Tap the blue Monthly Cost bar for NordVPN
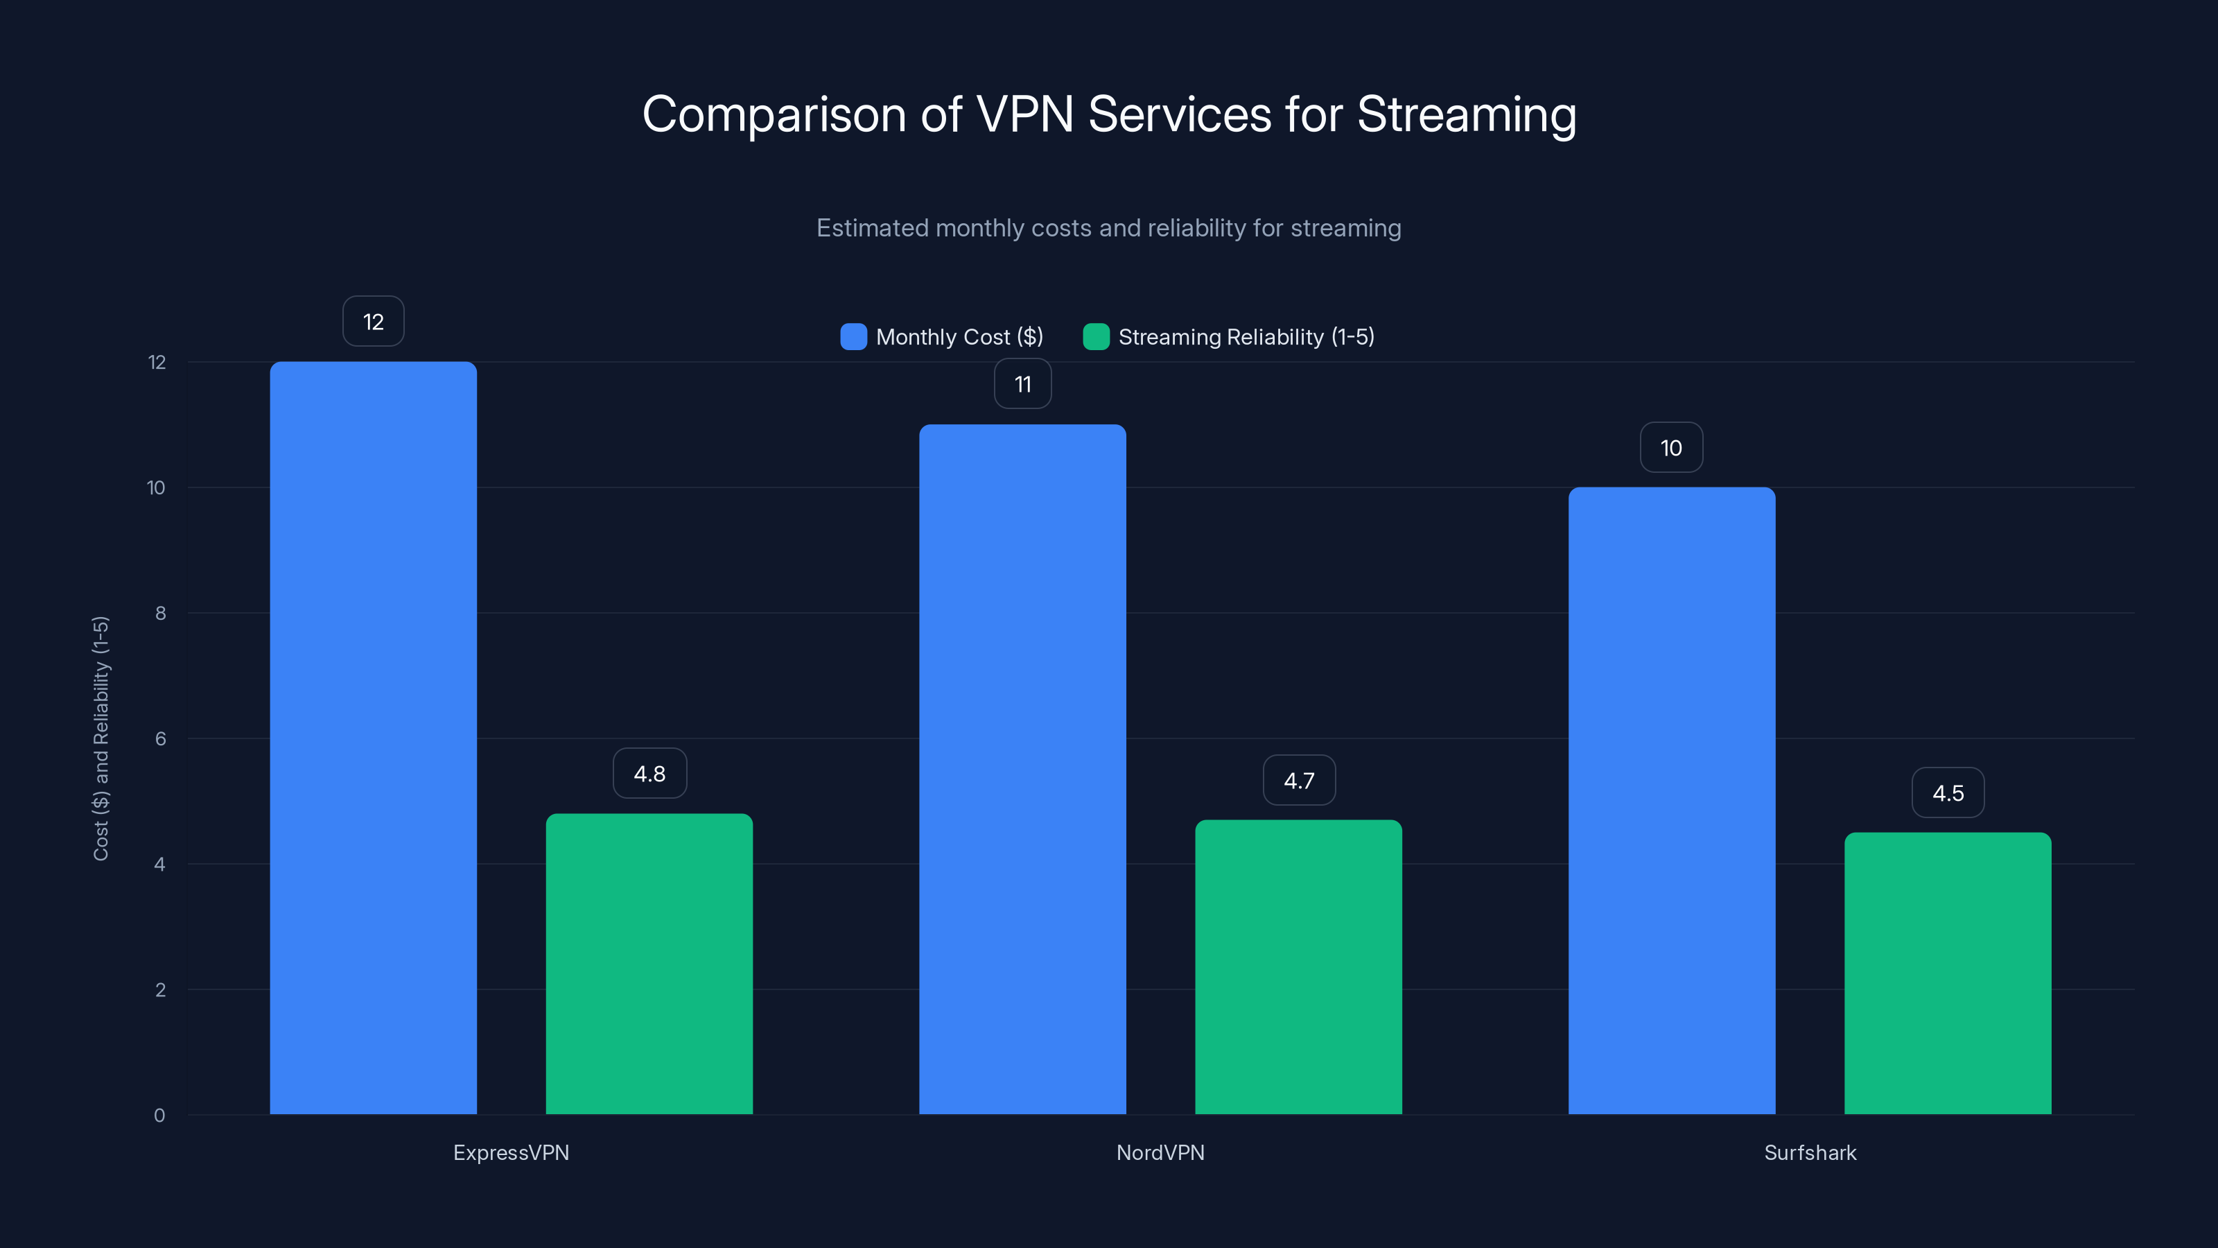1022,768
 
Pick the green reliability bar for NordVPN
1298,967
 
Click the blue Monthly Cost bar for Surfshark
1671,800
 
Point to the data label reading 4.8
649,774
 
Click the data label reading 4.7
1298,780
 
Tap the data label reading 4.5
1948,792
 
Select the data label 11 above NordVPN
1022,384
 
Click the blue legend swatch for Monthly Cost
853,337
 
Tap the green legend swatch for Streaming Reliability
1095,337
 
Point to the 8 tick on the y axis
160,613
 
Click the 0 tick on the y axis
159,1116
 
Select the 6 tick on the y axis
160,739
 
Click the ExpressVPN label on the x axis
511,1152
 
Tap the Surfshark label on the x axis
1810,1152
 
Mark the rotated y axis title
101,738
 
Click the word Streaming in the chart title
1467,114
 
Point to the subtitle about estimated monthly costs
1108,228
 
